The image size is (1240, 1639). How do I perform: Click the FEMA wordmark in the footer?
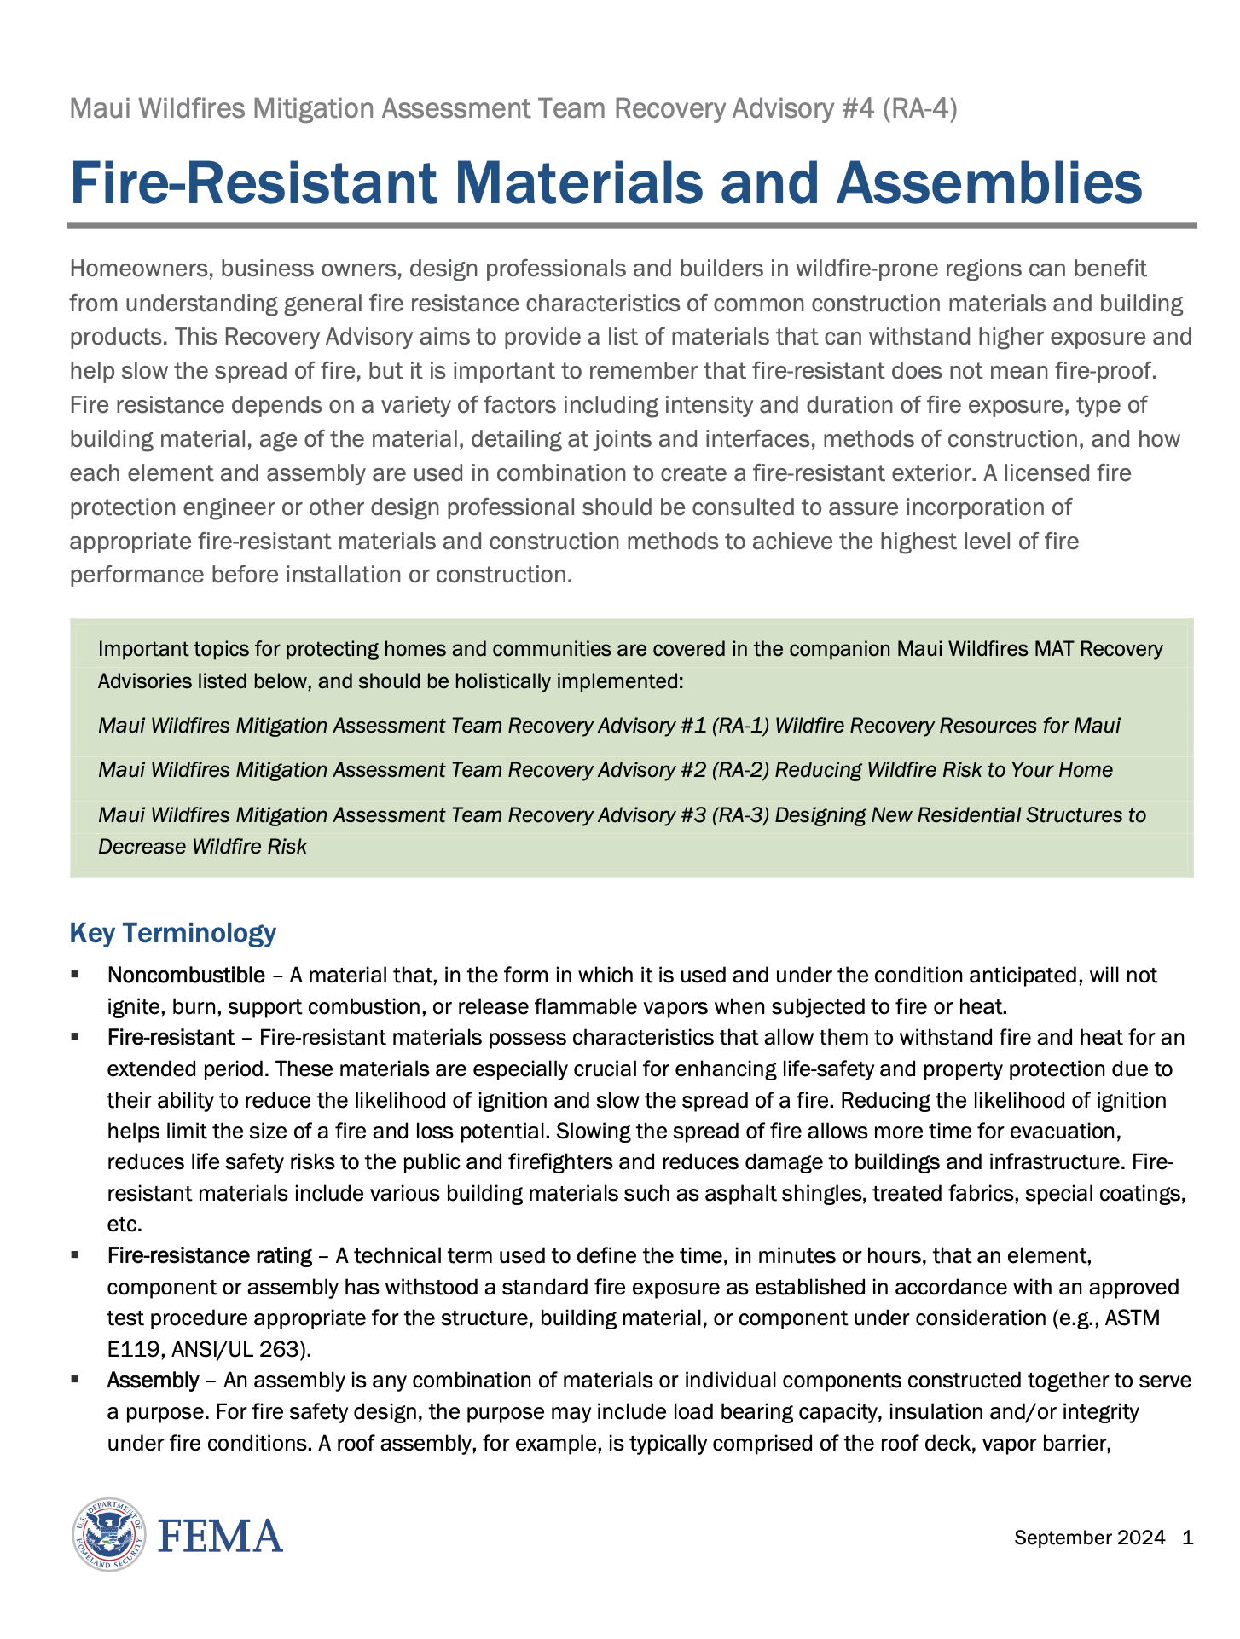pyautogui.click(x=220, y=1536)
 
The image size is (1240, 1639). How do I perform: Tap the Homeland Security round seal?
pyautogui.click(x=108, y=1535)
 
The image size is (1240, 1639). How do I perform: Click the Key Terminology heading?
pyautogui.click(x=172, y=933)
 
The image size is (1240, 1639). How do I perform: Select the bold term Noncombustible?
pyautogui.click(x=186, y=975)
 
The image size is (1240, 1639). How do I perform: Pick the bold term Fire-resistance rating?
pyautogui.click(x=209, y=1255)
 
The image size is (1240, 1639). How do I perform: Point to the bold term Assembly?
pyautogui.click(x=153, y=1380)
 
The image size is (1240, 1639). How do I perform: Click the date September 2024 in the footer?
pyautogui.click(x=1089, y=1538)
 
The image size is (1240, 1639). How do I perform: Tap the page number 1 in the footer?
pyautogui.click(x=1188, y=1538)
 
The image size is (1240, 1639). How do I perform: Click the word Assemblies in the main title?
pyautogui.click(x=989, y=182)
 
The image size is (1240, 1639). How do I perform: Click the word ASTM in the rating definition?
pyautogui.click(x=1133, y=1318)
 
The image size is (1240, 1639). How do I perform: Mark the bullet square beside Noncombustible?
pyautogui.click(x=76, y=973)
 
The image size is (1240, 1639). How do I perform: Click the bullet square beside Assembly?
pyautogui.click(x=76, y=1378)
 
